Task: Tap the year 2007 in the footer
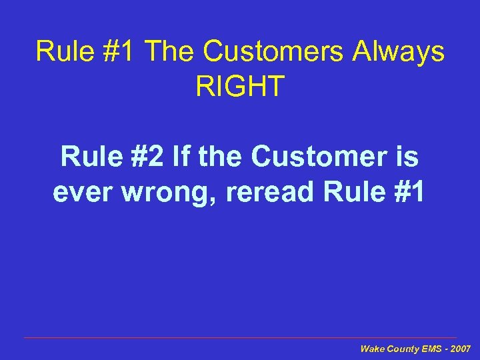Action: point(461,349)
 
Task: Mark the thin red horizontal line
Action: point(240,338)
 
